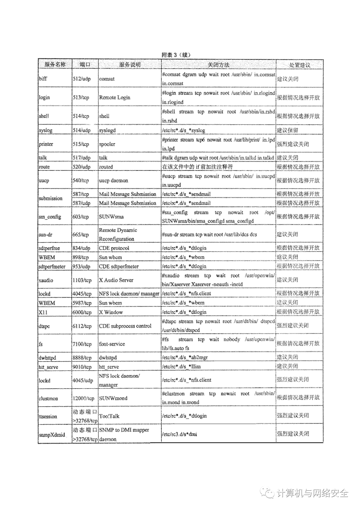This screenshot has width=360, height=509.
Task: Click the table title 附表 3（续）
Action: pos(176,55)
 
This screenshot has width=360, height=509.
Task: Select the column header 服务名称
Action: pos(55,64)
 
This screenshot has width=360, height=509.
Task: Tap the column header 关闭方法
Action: pos(218,65)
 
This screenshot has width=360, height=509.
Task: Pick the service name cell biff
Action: pos(43,79)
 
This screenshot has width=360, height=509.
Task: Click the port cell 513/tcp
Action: pos(81,97)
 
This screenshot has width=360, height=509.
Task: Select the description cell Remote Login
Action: pos(114,97)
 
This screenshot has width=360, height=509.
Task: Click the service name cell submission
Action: pos(51,198)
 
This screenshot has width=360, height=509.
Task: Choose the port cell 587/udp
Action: pos(81,203)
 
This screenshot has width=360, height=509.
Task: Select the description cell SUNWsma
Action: pos(111,216)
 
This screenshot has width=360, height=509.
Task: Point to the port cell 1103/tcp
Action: pos(82,280)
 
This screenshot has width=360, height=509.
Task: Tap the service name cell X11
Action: pos(43,312)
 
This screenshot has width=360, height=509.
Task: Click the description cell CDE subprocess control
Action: pos(125,326)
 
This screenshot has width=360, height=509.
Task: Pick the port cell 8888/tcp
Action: pos(82,358)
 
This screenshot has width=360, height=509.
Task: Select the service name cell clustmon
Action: pos(48,398)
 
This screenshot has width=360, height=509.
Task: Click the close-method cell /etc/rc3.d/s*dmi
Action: pos(180,434)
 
